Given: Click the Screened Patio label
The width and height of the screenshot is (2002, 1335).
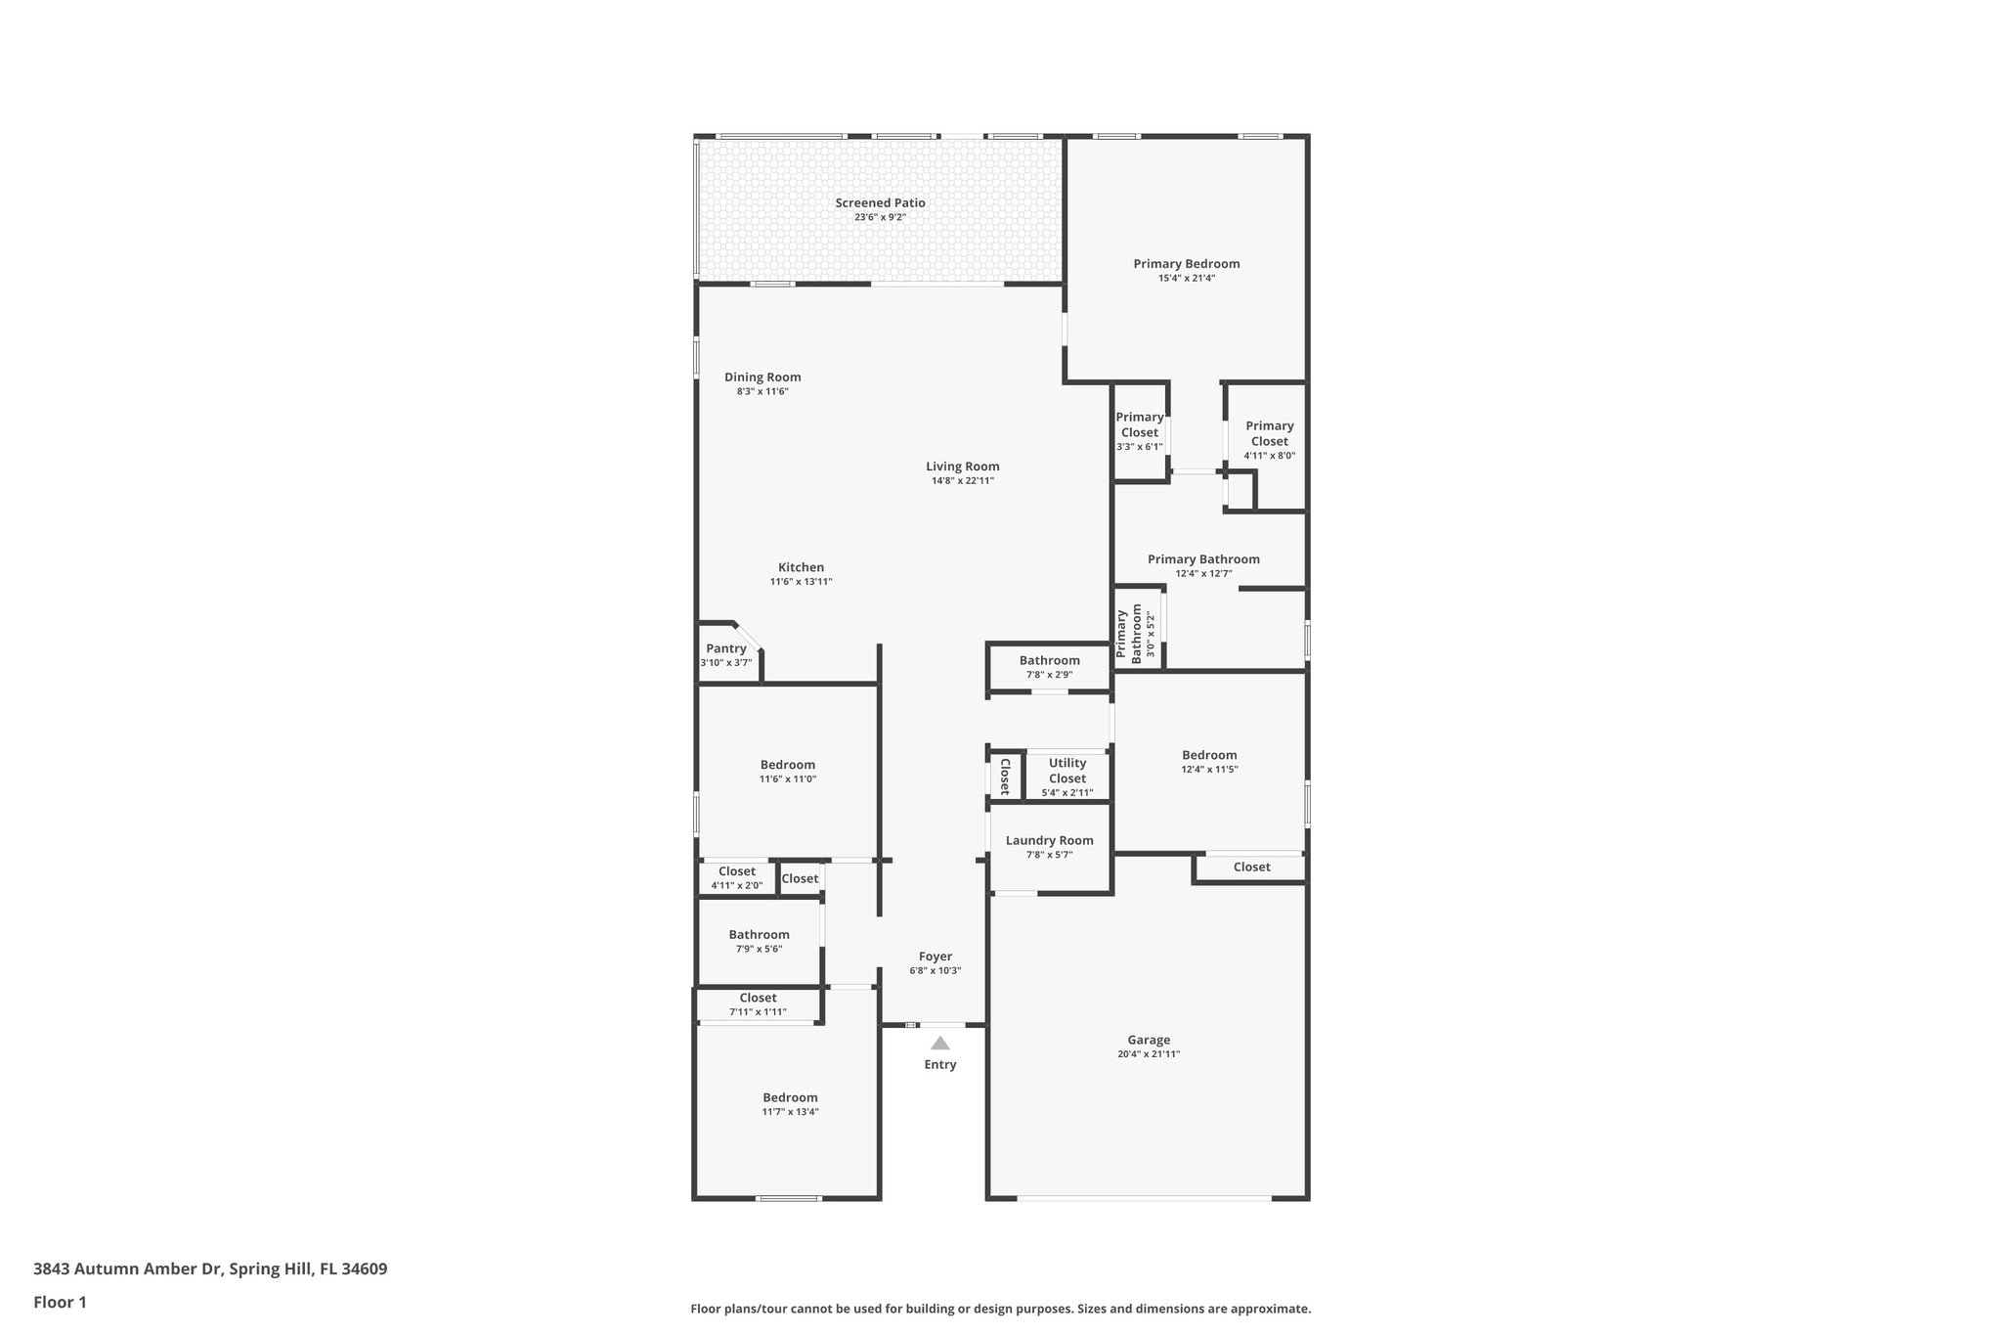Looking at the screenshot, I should click(x=880, y=203).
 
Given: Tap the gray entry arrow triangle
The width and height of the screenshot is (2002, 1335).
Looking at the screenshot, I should click(x=939, y=1043).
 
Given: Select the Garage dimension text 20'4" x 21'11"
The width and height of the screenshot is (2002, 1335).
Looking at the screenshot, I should click(x=1149, y=1054).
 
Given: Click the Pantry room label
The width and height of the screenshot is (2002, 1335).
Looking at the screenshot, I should click(x=726, y=648).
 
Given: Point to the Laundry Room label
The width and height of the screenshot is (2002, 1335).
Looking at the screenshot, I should click(x=1049, y=840).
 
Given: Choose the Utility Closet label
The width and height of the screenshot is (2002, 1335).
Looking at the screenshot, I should click(x=1067, y=771).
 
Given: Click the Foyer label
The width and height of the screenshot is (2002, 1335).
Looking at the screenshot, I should click(x=936, y=957).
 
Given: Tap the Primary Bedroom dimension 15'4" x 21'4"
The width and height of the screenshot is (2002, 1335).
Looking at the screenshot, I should click(x=1187, y=278).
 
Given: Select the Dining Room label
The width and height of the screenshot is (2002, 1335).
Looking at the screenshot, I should click(x=762, y=377).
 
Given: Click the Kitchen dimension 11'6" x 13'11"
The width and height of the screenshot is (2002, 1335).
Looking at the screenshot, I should click(x=801, y=582).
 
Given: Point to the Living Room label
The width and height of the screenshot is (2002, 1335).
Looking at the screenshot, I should click(x=963, y=467).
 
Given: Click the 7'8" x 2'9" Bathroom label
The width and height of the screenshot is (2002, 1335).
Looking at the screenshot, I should click(x=1049, y=660).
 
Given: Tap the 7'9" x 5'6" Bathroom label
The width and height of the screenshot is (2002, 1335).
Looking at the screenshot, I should click(x=759, y=934).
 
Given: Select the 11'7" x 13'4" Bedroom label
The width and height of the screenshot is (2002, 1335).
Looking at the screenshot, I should click(x=790, y=1097).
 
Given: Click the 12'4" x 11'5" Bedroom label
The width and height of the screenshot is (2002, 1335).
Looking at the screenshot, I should click(x=1209, y=755).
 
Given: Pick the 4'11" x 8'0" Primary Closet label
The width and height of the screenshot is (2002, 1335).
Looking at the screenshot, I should click(x=1269, y=433).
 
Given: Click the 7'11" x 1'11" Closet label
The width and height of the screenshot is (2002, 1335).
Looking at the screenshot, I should click(x=758, y=998).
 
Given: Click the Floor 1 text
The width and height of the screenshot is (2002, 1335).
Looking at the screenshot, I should click(x=61, y=1302).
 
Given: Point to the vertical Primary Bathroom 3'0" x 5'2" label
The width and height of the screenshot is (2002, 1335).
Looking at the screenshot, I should click(x=1136, y=635).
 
